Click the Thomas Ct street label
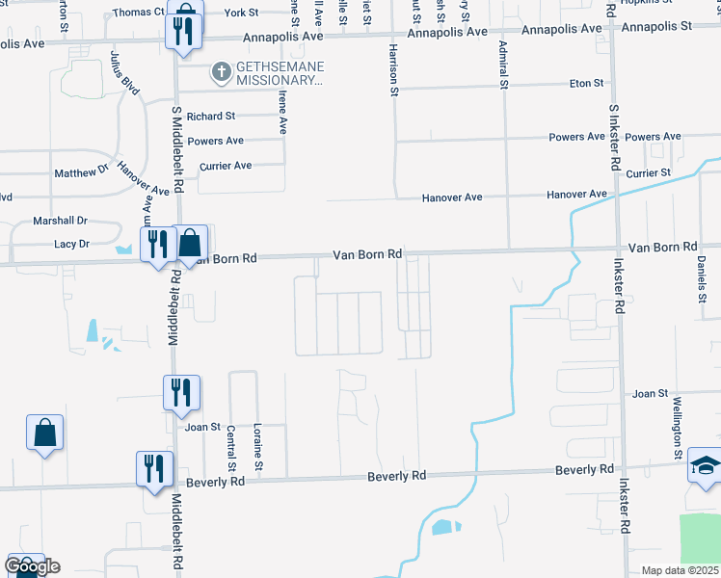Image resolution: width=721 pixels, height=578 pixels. coord(139,13)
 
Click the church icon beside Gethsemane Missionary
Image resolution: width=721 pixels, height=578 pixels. coord(221,71)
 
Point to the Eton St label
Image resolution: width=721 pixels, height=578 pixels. coord(585,84)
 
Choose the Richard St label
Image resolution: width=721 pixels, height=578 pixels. coord(211,116)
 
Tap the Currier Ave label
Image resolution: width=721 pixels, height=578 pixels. coord(225,166)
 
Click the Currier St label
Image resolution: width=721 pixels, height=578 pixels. coord(648,172)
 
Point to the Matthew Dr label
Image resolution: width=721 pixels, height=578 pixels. coord(81,172)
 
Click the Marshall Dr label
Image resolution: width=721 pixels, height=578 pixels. coord(60,221)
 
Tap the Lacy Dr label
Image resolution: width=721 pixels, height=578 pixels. coord(71,245)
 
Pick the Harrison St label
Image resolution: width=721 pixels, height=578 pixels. coord(393,69)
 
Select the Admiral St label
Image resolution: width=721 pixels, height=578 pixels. coord(503,65)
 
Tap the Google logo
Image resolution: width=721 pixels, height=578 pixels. coord(32,565)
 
